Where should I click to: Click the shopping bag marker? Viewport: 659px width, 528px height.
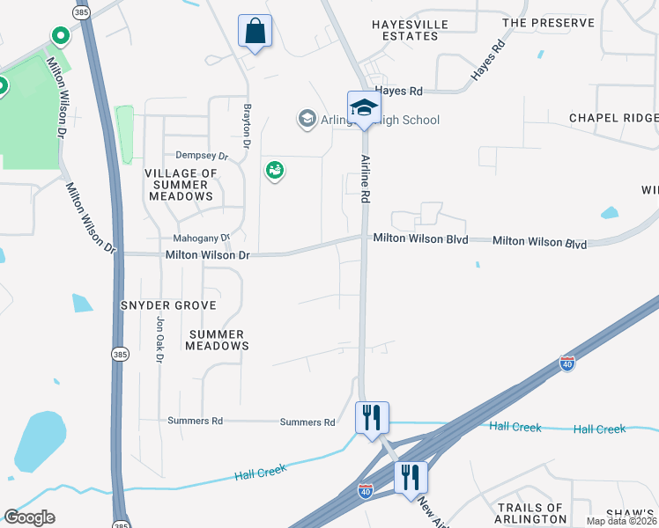click(255, 32)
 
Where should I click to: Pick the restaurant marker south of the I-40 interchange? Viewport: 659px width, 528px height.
click(411, 479)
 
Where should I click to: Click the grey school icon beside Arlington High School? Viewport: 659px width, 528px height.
click(307, 119)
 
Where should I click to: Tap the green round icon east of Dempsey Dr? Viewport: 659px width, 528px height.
click(274, 171)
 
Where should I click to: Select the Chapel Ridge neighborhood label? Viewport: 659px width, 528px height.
click(613, 118)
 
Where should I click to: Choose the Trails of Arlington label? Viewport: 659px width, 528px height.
click(529, 513)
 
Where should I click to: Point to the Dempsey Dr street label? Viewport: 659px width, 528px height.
click(202, 156)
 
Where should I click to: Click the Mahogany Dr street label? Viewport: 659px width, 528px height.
click(201, 238)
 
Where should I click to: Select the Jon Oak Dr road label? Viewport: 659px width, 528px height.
click(159, 342)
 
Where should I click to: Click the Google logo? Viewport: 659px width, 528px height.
click(29, 517)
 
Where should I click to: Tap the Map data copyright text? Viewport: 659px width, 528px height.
click(621, 521)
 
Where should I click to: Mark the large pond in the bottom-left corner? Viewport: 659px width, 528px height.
click(40, 440)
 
